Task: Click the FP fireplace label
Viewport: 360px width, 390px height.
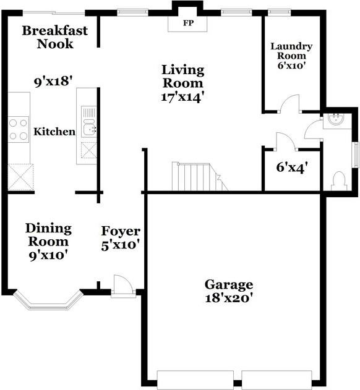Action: (x=189, y=23)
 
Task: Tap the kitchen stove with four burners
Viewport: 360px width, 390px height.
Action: (x=19, y=129)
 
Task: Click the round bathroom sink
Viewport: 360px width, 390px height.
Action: (x=335, y=119)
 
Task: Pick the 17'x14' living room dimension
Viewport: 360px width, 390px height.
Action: (x=181, y=97)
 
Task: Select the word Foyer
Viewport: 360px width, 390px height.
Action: (x=121, y=231)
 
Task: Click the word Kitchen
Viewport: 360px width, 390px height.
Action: (x=54, y=132)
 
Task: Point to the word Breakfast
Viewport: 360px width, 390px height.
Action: (x=55, y=30)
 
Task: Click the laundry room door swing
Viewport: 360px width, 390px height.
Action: (x=289, y=103)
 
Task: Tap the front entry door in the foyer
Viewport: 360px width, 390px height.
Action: (x=123, y=286)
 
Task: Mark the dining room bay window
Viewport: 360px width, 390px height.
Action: (x=48, y=301)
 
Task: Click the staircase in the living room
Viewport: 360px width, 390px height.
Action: (x=200, y=177)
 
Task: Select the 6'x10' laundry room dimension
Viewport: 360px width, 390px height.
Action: (x=291, y=66)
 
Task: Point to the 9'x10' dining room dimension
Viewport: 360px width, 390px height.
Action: (x=48, y=255)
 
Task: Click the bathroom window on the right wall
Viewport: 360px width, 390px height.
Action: (x=357, y=155)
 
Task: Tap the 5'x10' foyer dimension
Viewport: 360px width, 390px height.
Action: (x=120, y=245)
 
